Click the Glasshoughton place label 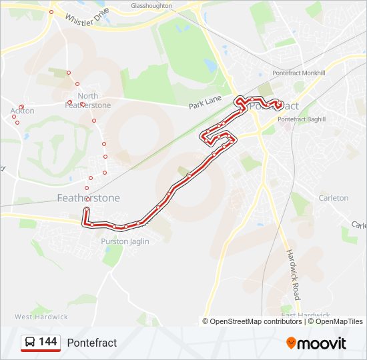click(151, 5)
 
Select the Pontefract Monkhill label click(298, 73)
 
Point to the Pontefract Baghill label click(301, 119)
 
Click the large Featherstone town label click(88, 198)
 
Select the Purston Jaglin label click(125, 241)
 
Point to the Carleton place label click(334, 198)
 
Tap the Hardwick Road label click(294, 273)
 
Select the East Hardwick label click(306, 315)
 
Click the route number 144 click(48, 342)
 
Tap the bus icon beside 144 click(30, 343)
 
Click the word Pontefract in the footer click(91, 343)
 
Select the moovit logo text click(322, 343)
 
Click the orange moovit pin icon click(292, 343)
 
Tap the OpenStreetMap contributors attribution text click(256, 321)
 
